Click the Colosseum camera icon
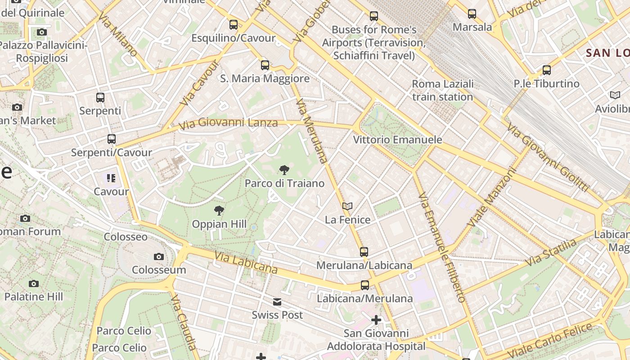pos(159,256)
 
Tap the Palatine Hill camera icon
pos(34,283)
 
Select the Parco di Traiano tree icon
pos(284,170)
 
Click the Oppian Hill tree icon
pos(219,210)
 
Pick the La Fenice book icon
pos(347,206)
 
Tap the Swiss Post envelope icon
pos(277,302)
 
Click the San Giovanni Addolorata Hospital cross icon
pos(376,320)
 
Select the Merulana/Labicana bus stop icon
pos(364,252)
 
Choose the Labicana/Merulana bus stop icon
pos(365,285)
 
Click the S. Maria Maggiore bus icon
pos(265,65)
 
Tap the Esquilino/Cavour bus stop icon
pos(233,25)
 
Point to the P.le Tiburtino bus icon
pos(547,70)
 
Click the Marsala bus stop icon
pos(472,14)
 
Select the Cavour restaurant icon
pos(111,178)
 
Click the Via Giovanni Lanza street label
pos(228,123)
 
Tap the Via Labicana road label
pos(245,263)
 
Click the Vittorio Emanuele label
pos(397,140)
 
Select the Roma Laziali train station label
pos(443,90)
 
